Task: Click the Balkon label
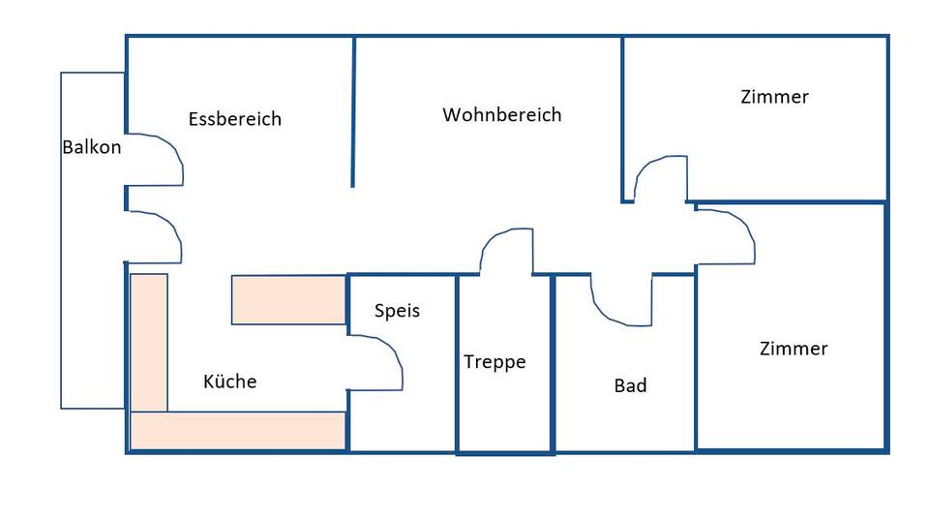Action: [x=92, y=148]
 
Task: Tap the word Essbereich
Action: [x=235, y=119]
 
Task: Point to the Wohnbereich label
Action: [x=502, y=115]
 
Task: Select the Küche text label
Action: [x=230, y=382]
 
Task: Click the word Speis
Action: [x=397, y=312]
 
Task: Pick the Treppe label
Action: [x=494, y=362]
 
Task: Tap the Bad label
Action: [x=630, y=386]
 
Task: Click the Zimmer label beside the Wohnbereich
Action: [x=774, y=97]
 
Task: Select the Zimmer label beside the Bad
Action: [x=794, y=349]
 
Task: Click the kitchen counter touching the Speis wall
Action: [x=289, y=300]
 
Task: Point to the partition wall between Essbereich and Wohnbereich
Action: [x=353, y=111]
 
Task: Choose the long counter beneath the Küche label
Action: [x=238, y=430]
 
